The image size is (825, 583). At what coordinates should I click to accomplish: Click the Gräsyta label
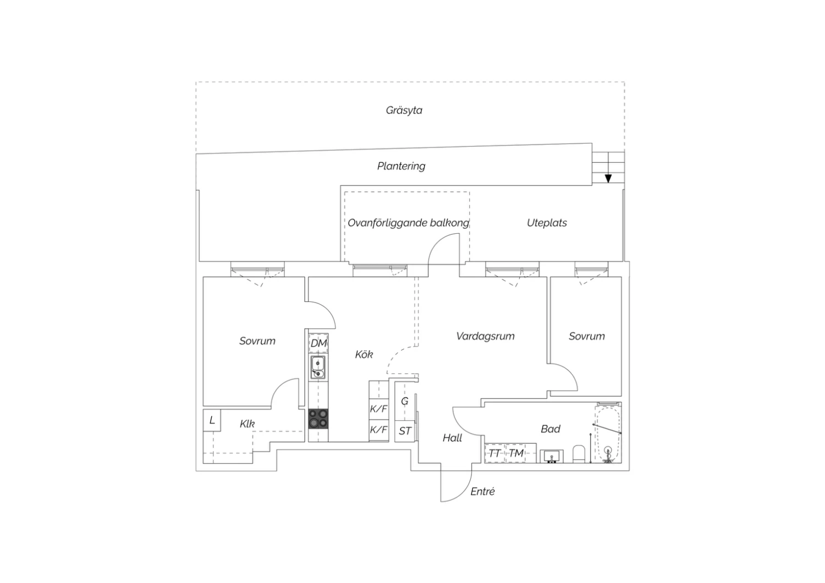404,111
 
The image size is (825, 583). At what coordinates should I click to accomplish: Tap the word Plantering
401,166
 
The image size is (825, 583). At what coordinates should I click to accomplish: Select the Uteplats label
547,223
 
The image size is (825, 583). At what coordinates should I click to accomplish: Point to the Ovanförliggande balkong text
409,223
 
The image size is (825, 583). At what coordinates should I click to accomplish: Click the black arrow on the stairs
608,179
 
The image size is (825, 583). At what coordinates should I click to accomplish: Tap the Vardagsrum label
486,336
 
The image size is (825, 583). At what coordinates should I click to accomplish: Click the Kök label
364,355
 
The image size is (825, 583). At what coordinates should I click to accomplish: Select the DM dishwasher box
318,343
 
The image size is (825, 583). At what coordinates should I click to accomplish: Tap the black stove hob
318,419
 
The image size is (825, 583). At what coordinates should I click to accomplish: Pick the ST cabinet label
405,431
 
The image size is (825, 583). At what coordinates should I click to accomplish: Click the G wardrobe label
404,401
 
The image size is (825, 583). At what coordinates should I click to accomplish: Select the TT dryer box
494,453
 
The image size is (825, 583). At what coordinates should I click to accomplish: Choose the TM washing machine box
516,453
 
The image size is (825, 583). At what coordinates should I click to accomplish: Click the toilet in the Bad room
579,454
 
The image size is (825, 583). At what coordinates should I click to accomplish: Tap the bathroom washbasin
551,456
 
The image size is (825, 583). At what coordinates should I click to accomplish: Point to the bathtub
608,434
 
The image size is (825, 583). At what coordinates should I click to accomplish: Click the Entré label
482,492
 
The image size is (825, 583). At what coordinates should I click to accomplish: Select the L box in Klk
212,420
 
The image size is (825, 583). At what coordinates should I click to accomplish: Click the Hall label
452,438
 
